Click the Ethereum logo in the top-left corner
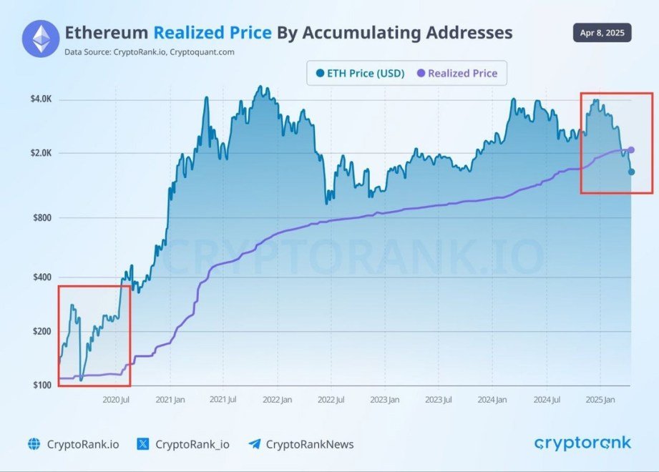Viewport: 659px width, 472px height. pyautogui.click(x=41, y=39)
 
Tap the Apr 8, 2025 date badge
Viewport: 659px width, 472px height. pyautogui.click(x=602, y=34)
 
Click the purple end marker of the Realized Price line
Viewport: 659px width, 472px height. pyautogui.click(x=631, y=150)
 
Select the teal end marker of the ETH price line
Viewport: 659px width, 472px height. pyautogui.click(x=631, y=172)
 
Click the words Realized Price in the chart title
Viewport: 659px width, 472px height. pyautogui.click(x=213, y=33)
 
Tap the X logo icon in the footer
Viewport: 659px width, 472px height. pyautogui.click(x=144, y=444)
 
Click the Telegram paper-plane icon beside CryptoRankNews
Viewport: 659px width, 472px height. pyautogui.click(x=254, y=444)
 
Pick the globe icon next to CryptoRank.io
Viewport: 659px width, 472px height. pyautogui.click(x=34, y=444)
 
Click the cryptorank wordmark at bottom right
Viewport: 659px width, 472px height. pyautogui.click(x=582, y=443)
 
